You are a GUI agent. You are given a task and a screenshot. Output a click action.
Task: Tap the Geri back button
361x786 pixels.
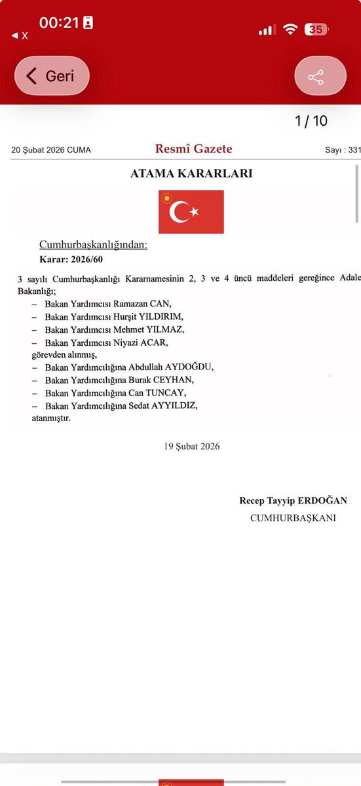[52, 75]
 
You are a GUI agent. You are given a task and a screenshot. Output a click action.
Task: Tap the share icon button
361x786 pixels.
[320, 76]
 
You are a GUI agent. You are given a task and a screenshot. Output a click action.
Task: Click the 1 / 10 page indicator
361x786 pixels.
[311, 121]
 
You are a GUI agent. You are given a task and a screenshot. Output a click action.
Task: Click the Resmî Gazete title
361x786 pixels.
[193, 149]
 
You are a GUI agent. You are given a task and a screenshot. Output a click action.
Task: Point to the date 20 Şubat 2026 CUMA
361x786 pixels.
[51, 150]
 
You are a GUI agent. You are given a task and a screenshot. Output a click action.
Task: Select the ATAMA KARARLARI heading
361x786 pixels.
[191, 174]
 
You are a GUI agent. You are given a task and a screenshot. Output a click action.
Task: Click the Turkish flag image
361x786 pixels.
[191, 212]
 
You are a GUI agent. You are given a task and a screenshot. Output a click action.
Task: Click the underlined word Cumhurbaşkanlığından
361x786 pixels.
[94, 245]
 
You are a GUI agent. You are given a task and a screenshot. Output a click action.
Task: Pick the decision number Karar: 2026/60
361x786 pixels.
[71, 259]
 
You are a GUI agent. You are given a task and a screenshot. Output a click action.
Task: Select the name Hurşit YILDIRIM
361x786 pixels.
[152, 317]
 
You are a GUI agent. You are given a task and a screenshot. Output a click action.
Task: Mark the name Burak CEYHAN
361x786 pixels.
[162, 380]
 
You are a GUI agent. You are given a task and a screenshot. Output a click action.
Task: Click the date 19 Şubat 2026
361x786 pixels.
[192, 446]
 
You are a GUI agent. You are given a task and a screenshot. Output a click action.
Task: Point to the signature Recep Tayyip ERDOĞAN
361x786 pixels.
[293, 500]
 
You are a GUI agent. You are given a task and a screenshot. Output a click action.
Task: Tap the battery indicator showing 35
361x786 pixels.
[316, 30]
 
